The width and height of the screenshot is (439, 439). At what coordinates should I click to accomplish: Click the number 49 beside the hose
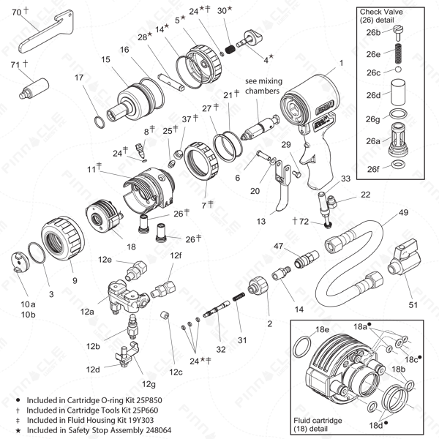tap(402, 214)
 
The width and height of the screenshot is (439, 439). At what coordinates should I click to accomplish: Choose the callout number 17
tap(79, 77)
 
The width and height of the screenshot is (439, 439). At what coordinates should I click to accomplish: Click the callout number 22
tap(365, 194)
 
